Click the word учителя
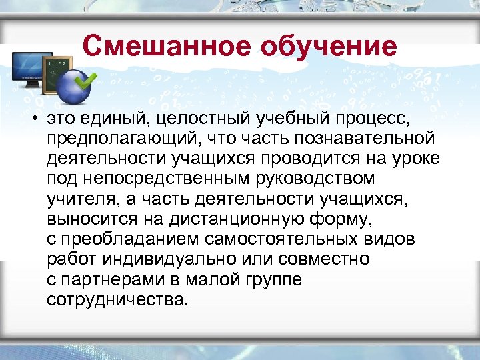(x=78, y=199)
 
